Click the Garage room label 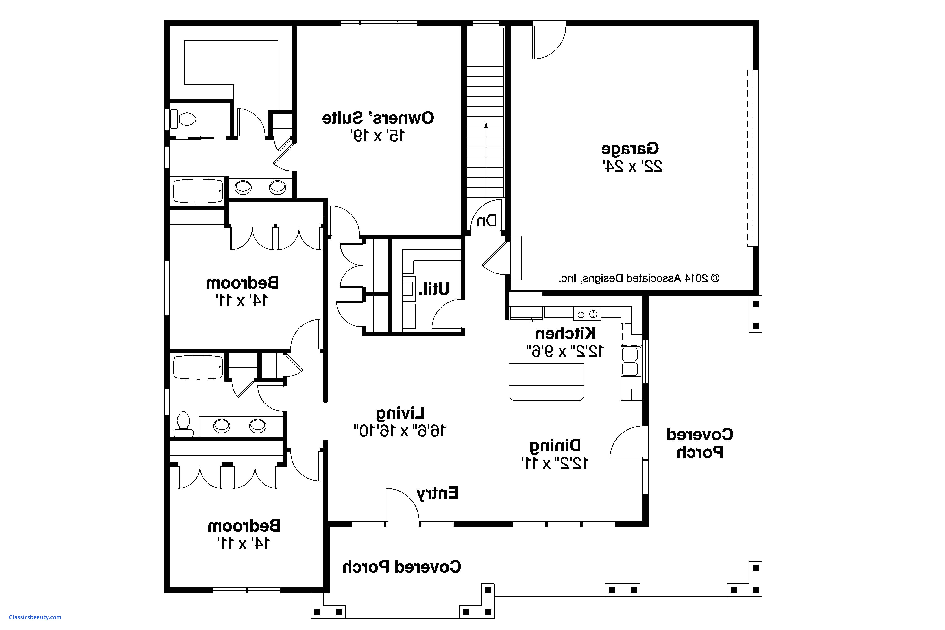[630, 149]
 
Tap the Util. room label [434, 289]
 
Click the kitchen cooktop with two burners [587, 314]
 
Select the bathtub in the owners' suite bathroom [198, 191]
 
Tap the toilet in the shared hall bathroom [183, 424]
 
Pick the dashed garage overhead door [752, 158]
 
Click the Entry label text [437, 493]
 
